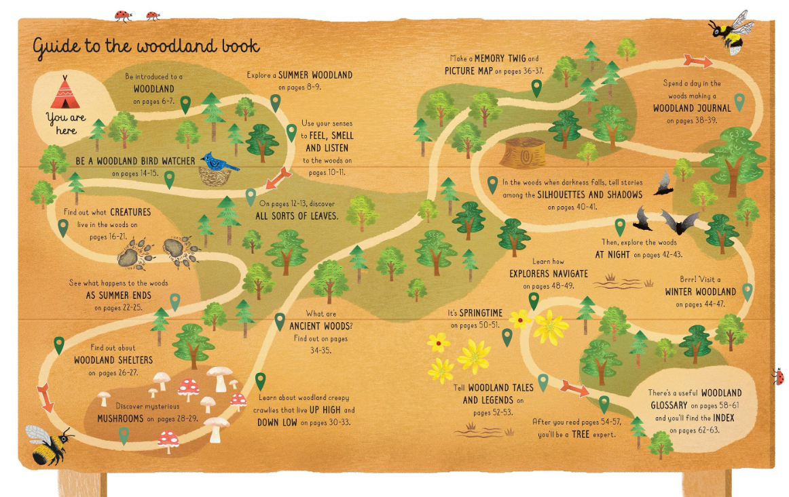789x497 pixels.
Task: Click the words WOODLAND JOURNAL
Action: click(692, 108)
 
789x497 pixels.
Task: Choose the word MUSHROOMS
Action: click(120, 418)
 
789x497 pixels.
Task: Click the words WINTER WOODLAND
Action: click(700, 292)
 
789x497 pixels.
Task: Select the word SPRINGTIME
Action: click(481, 313)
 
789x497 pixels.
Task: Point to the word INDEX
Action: click(722, 418)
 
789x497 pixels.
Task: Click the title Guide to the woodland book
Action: click(146, 47)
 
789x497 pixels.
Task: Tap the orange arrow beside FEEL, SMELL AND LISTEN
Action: click(278, 179)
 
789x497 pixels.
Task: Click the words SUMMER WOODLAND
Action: click(315, 75)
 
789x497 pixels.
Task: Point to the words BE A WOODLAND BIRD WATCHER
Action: click(136, 161)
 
